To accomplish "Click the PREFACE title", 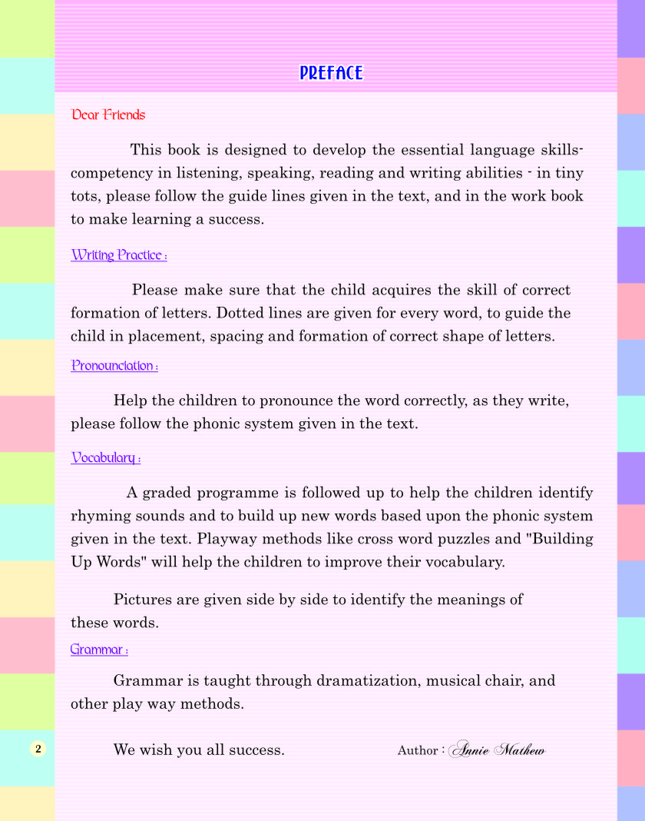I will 331,73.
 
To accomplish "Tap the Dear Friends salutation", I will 108,115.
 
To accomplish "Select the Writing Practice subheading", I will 118,255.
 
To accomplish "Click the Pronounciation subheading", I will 114,366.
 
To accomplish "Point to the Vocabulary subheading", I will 105,458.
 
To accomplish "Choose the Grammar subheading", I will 99,650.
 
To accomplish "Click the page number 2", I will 39,749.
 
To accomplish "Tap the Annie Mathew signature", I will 497,750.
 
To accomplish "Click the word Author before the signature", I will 418,750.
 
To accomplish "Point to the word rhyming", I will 101,516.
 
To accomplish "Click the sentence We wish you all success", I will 199,750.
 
